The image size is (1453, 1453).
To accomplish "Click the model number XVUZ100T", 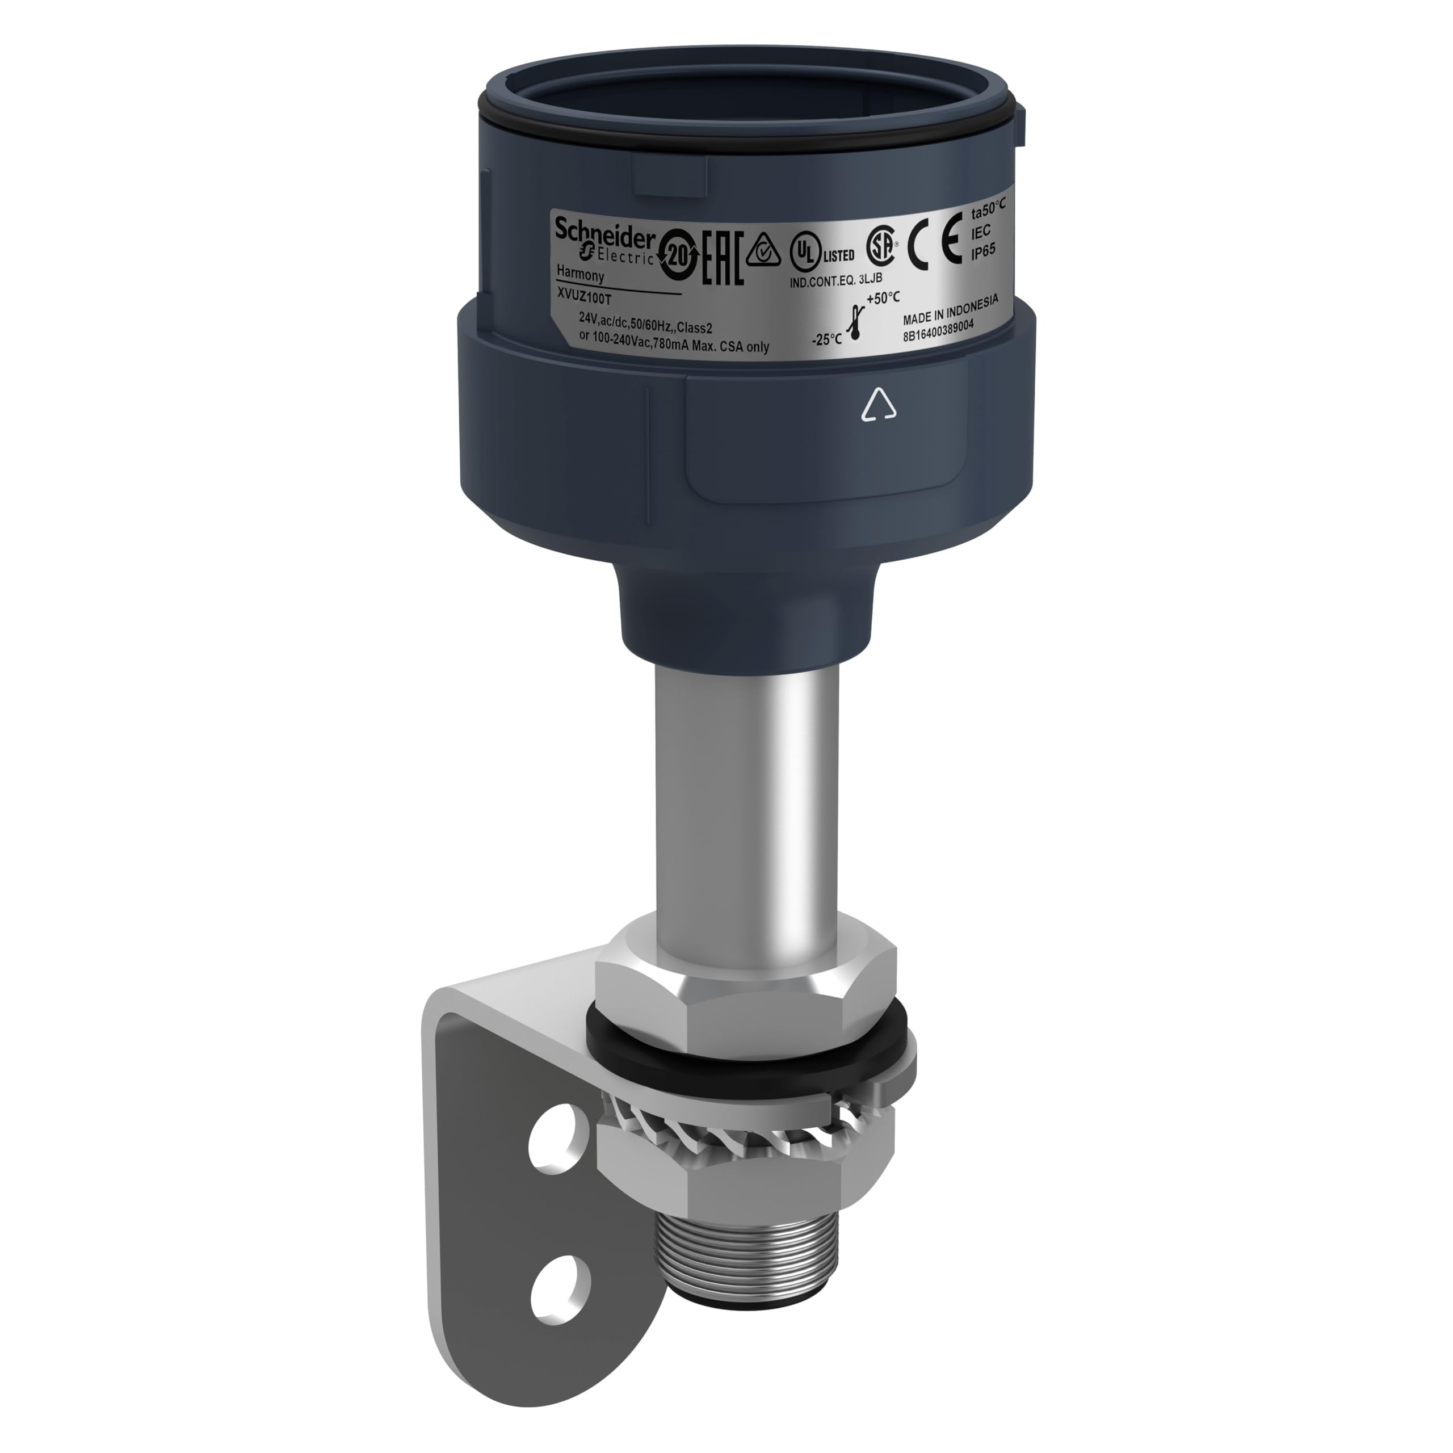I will pos(586,298).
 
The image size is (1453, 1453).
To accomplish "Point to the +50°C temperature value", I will pos(883,298).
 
